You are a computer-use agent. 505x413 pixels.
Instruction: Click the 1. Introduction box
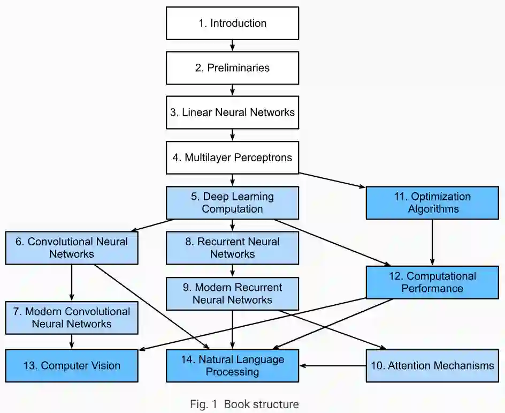[232, 24]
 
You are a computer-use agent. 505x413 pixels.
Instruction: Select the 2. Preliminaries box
[232, 68]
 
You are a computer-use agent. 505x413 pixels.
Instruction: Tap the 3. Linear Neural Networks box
[232, 112]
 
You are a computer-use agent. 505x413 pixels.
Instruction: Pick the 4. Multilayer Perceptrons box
[232, 157]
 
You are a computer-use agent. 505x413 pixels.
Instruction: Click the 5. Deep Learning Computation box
[232, 202]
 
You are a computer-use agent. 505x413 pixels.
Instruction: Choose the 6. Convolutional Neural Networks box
[72, 247]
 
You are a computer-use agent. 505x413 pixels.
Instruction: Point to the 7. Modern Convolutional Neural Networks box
[72, 318]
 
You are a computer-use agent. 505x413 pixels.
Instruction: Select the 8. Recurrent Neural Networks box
[232, 247]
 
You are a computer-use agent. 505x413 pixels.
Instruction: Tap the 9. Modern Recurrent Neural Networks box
[232, 294]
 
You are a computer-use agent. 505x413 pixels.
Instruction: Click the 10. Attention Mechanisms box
[432, 366]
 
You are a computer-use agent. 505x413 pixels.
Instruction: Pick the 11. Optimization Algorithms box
[432, 202]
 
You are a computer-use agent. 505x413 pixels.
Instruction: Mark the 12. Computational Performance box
[432, 282]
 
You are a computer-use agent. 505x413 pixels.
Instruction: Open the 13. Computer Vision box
[72, 366]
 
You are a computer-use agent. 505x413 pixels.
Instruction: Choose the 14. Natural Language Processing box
[232, 366]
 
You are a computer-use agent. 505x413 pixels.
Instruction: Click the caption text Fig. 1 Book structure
[244, 404]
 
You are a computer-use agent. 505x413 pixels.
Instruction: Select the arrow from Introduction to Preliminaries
[232, 46]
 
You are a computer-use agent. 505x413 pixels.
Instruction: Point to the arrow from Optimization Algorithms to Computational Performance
[432, 243]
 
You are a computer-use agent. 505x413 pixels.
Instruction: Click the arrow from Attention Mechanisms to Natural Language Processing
[333, 366]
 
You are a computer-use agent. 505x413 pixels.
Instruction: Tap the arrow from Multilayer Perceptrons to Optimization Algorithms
[332, 180]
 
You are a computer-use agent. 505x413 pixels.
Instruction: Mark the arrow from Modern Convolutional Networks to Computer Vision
[72, 342]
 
